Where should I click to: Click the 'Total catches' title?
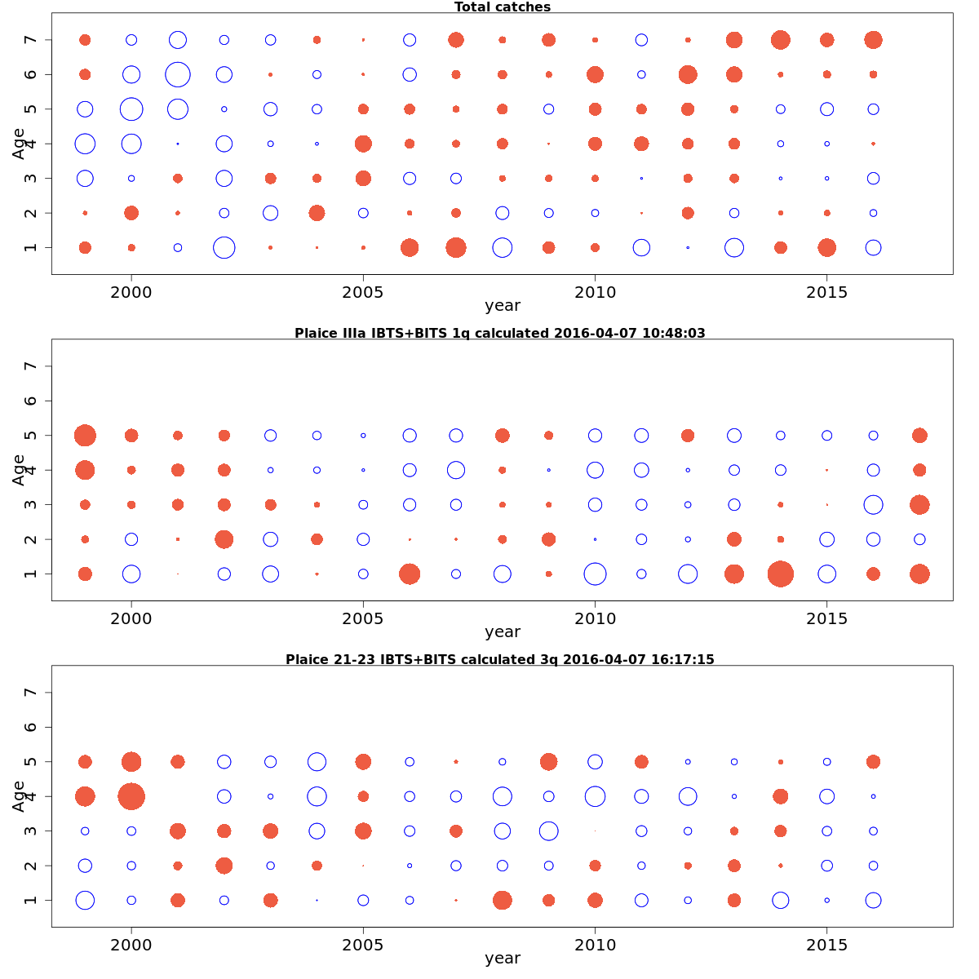(x=503, y=7)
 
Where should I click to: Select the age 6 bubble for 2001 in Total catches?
(x=178, y=74)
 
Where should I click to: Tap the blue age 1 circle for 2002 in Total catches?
(x=224, y=247)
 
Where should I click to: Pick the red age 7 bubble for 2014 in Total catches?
(x=781, y=40)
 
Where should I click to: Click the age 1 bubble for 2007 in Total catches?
(x=456, y=247)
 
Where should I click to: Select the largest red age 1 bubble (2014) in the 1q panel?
(x=781, y=574)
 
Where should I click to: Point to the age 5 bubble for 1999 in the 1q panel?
(x=85, y=436)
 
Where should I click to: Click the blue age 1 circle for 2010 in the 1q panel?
(x=596, y=574)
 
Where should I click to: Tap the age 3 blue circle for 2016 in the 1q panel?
(x=873, y=504)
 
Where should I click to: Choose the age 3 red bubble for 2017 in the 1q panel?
(x=919, y=504)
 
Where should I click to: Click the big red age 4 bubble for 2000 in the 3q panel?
(x=131, y=796)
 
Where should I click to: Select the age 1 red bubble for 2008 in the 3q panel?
(x=503, y=900)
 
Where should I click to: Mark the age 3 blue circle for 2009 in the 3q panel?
(x=548, y=831)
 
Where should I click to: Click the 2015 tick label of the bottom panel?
(x=827, y=945)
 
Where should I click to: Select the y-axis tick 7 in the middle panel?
(x=31, y=366)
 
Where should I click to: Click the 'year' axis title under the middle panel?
(x=503, y=632)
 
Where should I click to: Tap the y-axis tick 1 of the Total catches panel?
(x=31, y=247)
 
